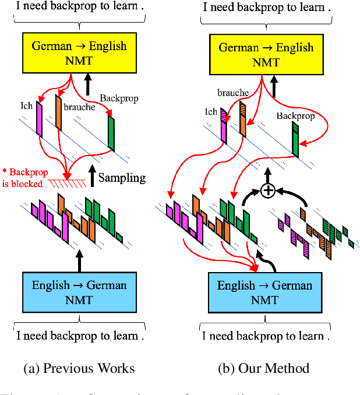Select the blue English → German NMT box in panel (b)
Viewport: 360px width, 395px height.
pyautogui.click(x=264, y=292)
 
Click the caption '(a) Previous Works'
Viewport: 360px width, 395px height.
pyautogui.click(x=79, y=368)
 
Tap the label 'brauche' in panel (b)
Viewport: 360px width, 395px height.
pyautogui.click(x=233, y=92)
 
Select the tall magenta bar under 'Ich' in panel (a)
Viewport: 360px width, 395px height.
pyautogui.click(x=40, y=119)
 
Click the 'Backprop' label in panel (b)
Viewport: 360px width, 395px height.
pyautogui.click(x=295, y=116)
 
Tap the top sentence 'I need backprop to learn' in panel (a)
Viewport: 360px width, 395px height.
pyautogui.click(x=79, y=8)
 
